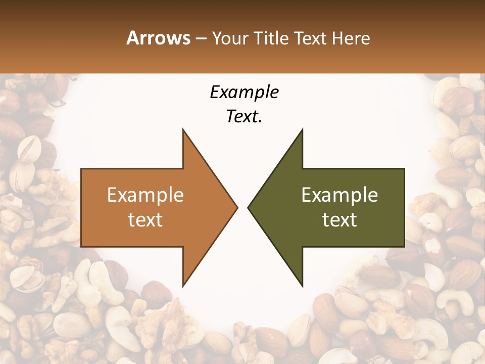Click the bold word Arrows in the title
tap(158, 38)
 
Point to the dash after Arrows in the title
tap(201, 39)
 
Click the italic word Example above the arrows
tap(244, 92)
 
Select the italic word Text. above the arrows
tap(244, 117)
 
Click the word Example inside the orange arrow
tap(145, 195)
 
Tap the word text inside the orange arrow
tap(145, 220)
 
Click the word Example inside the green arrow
tap(339, 195)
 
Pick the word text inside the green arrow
tap(339, 220)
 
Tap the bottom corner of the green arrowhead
tap(302, 286)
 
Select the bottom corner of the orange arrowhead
tap(183, 286)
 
